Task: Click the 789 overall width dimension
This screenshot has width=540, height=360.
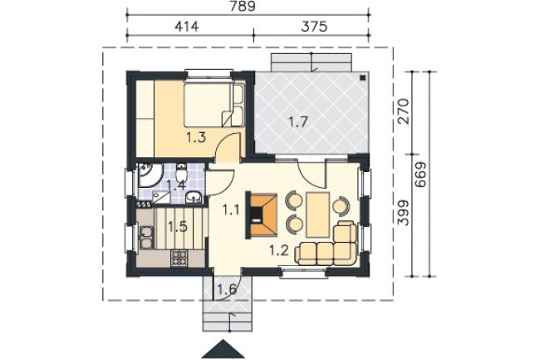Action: pyautogui.click(x=243, y=6)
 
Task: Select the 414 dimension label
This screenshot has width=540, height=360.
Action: pyautogui.click(x=187, y=27)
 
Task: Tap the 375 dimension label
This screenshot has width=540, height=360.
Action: pyautogui.click(x=314, y=27)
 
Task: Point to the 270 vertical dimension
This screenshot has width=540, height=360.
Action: pyautogui.click(x=403, y=111)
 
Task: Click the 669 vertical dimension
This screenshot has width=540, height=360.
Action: pyautogui.click(x=420, y=175)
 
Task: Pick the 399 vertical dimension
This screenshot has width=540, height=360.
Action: pyautogui.click(x=403, y=213)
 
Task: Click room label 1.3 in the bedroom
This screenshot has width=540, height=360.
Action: pyautogui.click(x=196, y=137)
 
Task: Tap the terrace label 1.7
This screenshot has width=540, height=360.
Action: pyautogui.click(x=298, y=122)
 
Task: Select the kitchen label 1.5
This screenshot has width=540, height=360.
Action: pyautogui.click(x=178, y=227)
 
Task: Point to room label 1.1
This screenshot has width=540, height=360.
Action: pyautogui.click(x=231, y=210)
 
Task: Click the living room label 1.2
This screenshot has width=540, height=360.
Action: pyautogui.click(x=278, y=250)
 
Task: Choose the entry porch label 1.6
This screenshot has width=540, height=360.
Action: pyautogui.click(x=227, y=289)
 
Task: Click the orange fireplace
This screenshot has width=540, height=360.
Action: pyautogui.click(x=263, y=215)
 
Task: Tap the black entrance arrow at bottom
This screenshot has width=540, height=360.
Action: pyautogui.click(x=223, y=349)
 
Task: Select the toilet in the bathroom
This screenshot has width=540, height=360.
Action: pyautogui.click(x=181, y=172)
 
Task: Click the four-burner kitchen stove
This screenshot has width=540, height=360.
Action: pyautogui.click(x=179, y=259)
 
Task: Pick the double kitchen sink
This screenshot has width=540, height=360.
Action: pyautogui.click(x=146, y=238)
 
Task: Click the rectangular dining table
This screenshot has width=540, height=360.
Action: pyautogui.click(x=318, y=215)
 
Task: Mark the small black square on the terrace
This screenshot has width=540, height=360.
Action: pyautogui.click(x=362, y=78)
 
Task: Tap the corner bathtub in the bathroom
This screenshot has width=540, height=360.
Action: pyautogui.click(x=150, y=175)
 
